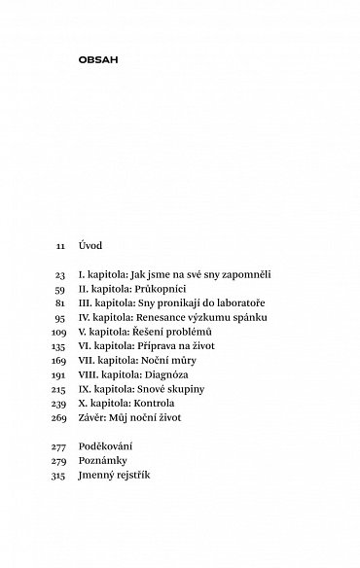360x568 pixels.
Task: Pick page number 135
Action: pos(58,346)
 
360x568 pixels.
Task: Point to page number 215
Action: pos(58,388)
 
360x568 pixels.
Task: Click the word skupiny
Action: pos(185,388)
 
